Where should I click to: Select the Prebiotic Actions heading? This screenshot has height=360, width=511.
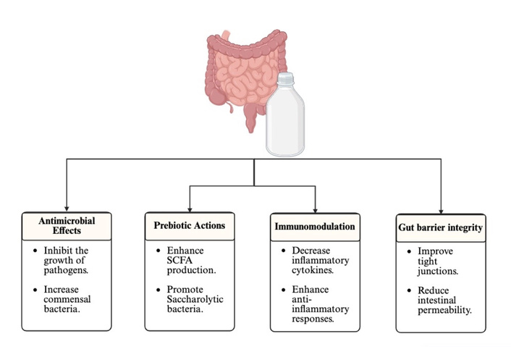[189, 225]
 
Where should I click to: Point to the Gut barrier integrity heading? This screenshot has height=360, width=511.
[441, 228]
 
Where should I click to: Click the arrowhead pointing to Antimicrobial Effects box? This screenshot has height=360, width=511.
[67, 207]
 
